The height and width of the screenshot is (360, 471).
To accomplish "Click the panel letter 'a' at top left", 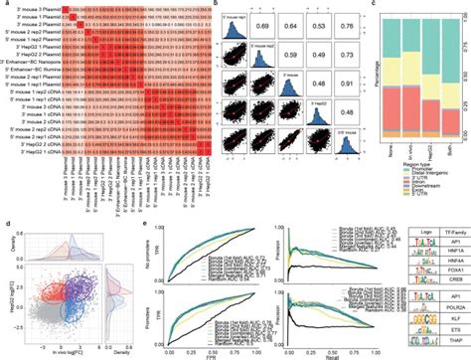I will (x=4, y=5).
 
